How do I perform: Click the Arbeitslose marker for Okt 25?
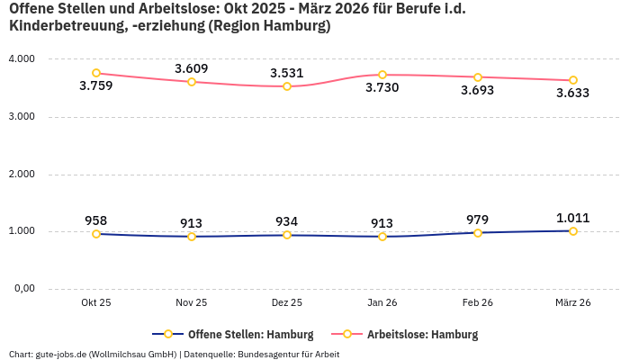(x=96, y=73)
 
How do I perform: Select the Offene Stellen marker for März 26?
(x=573, y=231)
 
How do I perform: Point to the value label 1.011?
(x=573, y=217)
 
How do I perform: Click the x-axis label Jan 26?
(x=382, y=302)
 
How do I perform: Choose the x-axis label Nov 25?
(x=192, y=302)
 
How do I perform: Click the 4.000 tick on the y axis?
(x=21, y=58)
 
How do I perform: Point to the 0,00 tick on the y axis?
(x=22, y=289)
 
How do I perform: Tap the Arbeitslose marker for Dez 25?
(x=287, y=86)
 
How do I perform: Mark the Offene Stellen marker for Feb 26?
(x=478, y=233)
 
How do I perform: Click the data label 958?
(x=96, y=220)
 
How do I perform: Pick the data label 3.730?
(x=382, y=88)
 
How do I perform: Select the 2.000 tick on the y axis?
(x=21, y=174)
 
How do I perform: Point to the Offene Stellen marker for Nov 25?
(x=192, y=237)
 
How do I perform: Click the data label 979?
(x=478, y=219)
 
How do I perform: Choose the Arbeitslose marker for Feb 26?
(x=478, y=77)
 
